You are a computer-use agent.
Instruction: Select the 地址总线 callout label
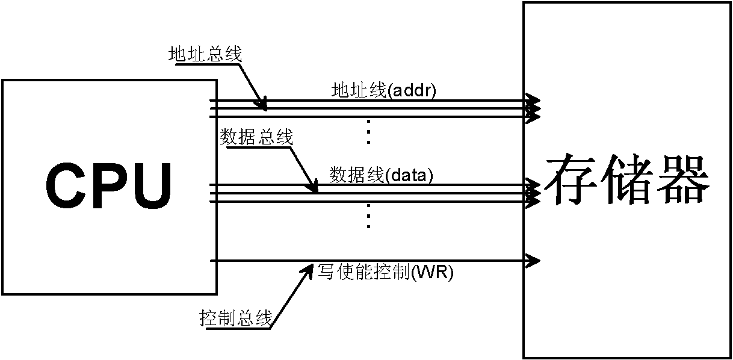205,55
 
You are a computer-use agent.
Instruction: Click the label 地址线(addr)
384,91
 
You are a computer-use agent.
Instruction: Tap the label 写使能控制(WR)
385,273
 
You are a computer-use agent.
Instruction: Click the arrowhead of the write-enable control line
533,261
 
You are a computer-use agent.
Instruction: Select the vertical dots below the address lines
369,132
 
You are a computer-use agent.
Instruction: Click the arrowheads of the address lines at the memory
533,108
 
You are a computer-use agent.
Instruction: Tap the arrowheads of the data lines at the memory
533,193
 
